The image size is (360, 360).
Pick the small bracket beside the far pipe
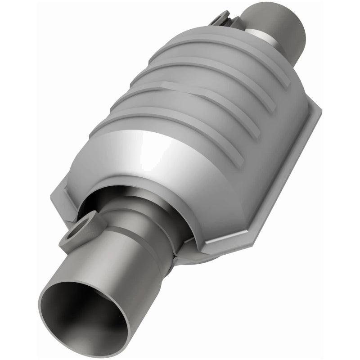(x=222, y=20)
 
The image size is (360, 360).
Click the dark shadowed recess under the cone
(x=112, y=198)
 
